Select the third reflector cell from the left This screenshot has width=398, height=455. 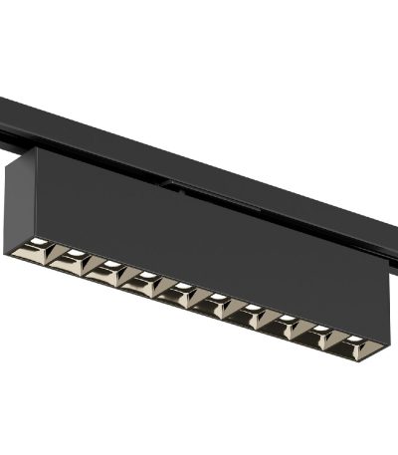(105, 268)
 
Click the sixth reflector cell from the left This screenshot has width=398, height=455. (215, 300)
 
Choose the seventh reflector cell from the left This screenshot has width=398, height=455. (250, 310)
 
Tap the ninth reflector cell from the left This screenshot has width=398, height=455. (319, 332)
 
